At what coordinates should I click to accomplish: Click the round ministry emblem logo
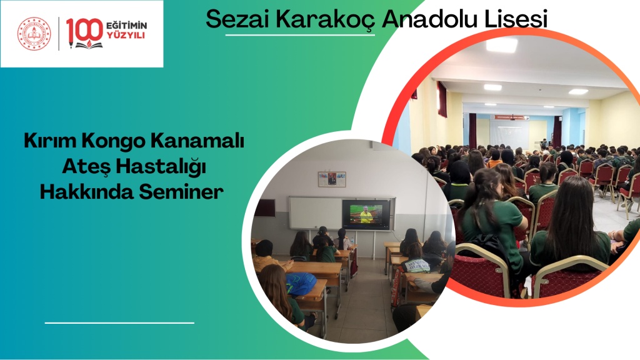[34, 34]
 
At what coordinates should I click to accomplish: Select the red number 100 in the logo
[84, 32]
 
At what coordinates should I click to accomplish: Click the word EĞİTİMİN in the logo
[126, 26]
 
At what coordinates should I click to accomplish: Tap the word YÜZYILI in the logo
[126, 36]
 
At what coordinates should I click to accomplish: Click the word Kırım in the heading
[50, 141]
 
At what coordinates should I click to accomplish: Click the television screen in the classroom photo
[366, 214]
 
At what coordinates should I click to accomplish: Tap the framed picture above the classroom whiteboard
[332, 179]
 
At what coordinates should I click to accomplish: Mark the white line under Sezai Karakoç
[300, 35]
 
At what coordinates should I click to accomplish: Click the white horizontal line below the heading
[119, 323]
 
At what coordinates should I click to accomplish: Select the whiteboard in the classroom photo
[316, 212]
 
